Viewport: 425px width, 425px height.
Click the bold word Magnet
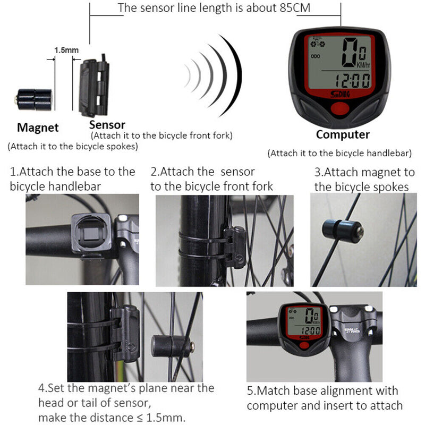coord(38,127)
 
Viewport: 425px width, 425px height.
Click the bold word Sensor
coord(107,125)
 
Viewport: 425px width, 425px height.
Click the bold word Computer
coord(343,134)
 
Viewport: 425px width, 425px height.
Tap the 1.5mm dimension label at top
coord(66,50)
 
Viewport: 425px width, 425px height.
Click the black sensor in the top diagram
coord(94,88)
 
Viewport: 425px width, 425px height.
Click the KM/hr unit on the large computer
coord(363,65)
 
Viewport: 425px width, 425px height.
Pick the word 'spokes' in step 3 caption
coord(390,187)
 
